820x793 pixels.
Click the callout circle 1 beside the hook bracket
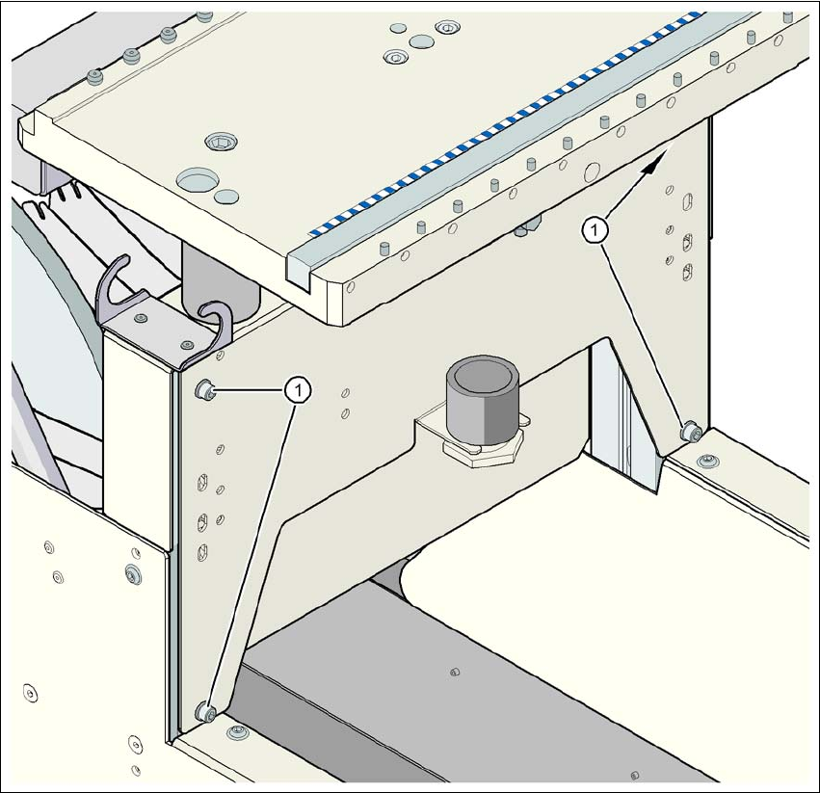tap(300, 390)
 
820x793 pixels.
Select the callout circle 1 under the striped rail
tap(597, 229)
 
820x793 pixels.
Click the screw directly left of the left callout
tap(203, 389)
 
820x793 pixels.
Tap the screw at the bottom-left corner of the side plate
tap(204, 712)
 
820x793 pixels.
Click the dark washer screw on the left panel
tap(133, 575)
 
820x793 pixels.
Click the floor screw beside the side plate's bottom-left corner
tap(238, 734)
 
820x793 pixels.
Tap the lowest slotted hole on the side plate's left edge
tap(202, 552)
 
